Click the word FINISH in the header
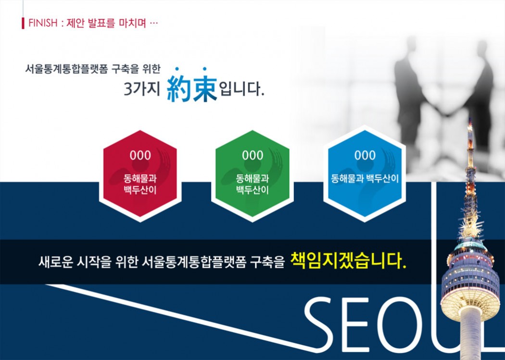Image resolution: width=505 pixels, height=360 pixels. coord(43,23)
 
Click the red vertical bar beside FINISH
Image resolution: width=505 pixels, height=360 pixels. coord(23,23)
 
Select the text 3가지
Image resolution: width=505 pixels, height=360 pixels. coord(142,88)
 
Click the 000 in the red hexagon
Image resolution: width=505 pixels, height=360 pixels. coord(140,155)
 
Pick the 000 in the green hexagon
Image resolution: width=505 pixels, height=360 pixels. coord(252,155)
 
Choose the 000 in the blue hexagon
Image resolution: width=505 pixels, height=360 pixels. coord(365,155)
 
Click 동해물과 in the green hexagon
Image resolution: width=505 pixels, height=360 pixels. coord(252,178)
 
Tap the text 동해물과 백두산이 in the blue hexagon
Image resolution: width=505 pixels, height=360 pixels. coord(365,178)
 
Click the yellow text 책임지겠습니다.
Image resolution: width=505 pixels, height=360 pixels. coord(348,261)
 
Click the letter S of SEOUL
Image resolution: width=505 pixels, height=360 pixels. coord(318,324)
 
